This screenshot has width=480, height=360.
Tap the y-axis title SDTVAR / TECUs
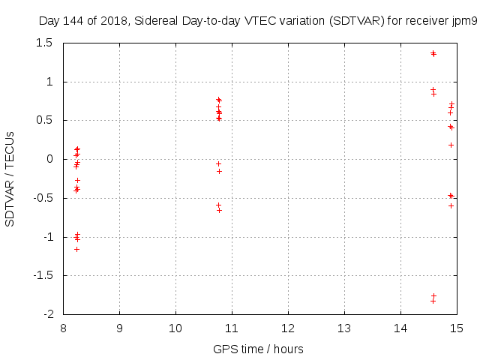[x=10, y=178]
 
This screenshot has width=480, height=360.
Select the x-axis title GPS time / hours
[x=258, y=349]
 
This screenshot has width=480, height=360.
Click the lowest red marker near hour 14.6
[x=433, y=295]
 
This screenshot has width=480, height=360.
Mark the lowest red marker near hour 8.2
[x=76, y=249]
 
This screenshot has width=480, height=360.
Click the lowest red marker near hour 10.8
[x=219, y=210]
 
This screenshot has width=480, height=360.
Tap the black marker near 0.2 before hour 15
[x=451, y=145]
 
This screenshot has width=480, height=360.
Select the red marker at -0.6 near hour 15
[x=451, y=205]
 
